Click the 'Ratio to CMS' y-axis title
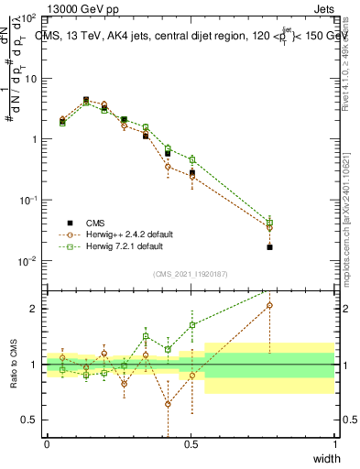[13, 365]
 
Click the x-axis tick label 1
[334, 444]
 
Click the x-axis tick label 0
[47, 444]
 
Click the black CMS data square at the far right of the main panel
[269, 247]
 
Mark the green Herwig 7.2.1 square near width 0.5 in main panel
[192, 159]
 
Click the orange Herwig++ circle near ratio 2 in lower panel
[269, 305]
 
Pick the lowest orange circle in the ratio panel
[168, 404]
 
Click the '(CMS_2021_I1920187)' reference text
[190, 273]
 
